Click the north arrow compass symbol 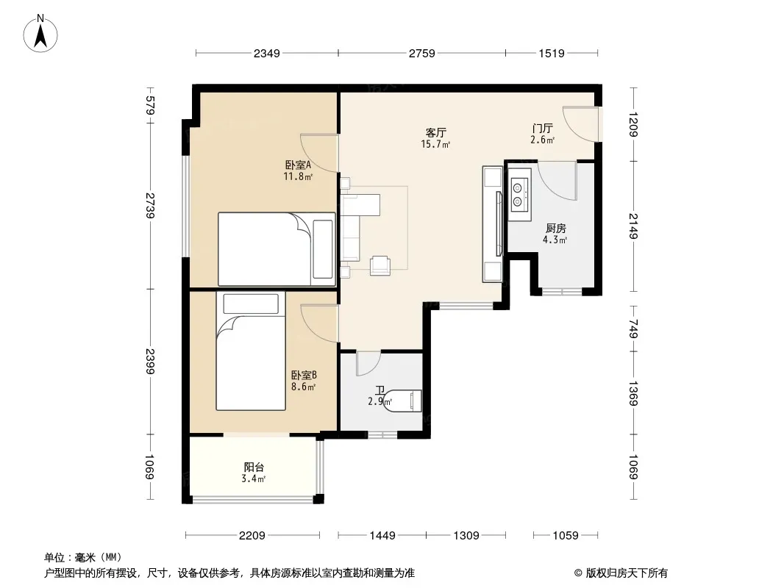pyautogui.click(x=40, y=33)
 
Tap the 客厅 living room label pyautogui.click(x=435, y=132)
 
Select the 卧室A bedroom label pyautogui.click(x=298, y=165)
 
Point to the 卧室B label pyautogui.click(x=304, y=375)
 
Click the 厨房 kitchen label pyautogui.click(x=555, y=229)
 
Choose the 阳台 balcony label pyautogui.click(x=254, y=467)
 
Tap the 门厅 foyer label pyautogui.click(x=543, y=129)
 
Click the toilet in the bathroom pyautogui.click(x=404, y=401)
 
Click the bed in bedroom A pyautogui.click(x=277, y=248)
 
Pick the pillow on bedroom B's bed pyautogui.click(x=251, y=304)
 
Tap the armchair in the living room pyautogui.click(x=380, y=265)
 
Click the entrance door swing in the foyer pyautogui.click(x=580, y=124)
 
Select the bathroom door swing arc pyautogui.click(x=368, y=364)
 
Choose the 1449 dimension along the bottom pyautogui.click(x=382, y=536)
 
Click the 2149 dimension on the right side pyautogui.click(x=633, y=226)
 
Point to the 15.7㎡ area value pyautogui.click(x=435, y=144)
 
